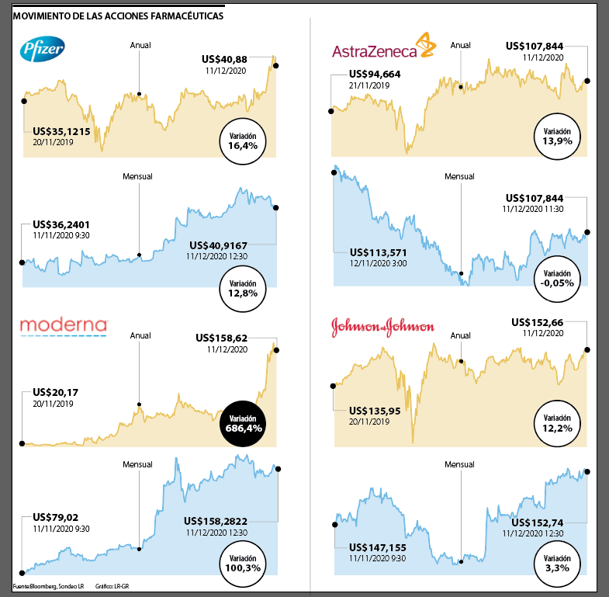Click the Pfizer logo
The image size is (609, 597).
tap(41, 51)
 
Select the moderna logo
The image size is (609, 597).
tap(62, 326)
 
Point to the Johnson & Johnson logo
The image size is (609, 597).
tap(382, 327)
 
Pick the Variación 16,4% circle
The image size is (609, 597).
tap(243, 141)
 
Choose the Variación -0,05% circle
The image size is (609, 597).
tap(558, 278)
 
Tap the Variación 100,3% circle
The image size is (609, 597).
tap(243, 558)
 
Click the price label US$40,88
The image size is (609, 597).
tap(225, 58)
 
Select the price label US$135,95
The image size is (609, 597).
tap(375, 411)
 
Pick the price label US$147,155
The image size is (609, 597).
tap(378, 547)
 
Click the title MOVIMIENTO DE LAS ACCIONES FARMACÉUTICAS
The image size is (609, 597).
tap(119, 16)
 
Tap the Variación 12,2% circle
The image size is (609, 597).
tap(558, 424)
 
